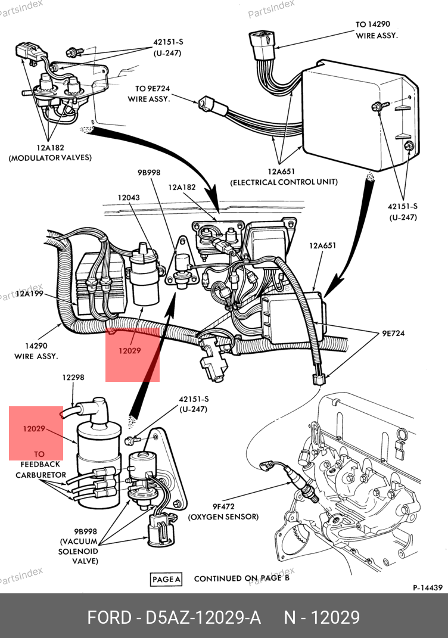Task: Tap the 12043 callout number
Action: tap(129, 198)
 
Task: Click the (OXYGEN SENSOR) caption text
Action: tap(223, 517)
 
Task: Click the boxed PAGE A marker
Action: tap(166, 579)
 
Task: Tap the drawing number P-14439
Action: tap(428, 588)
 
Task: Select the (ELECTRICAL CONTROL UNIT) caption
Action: tap(284, 182)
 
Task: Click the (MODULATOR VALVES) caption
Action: tap(50, 158)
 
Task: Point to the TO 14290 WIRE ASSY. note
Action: tap(377, 30)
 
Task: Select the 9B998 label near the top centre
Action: tap(149, 173)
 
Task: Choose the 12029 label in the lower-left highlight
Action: tap(35, 429)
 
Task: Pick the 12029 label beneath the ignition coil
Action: tap(129, 351)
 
